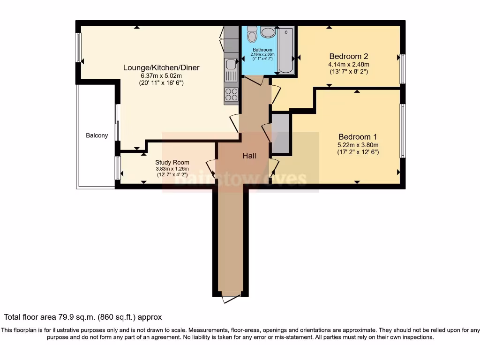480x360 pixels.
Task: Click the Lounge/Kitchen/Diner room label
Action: pos(161,67)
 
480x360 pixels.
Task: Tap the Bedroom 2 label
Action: pos(348,55)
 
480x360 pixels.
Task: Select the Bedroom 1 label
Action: pos(358,136)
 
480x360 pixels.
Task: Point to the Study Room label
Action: pos(172,162)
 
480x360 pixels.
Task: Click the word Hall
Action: pos(249,156)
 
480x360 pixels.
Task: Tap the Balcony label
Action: pos(97,135)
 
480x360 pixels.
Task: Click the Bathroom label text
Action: pos(262,50)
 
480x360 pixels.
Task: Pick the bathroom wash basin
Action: pos(268,32)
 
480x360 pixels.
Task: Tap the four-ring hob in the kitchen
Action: pos(231,94)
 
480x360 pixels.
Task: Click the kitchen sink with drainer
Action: pos(231,70)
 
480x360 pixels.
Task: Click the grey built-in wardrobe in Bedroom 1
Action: pos(281,134)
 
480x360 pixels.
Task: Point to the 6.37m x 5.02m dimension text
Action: pos(161,75)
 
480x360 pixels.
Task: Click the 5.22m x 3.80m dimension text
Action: pos(358,145)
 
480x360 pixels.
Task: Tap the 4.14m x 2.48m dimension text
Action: pos(348,64)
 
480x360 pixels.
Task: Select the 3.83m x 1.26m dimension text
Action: pos(172,169)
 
